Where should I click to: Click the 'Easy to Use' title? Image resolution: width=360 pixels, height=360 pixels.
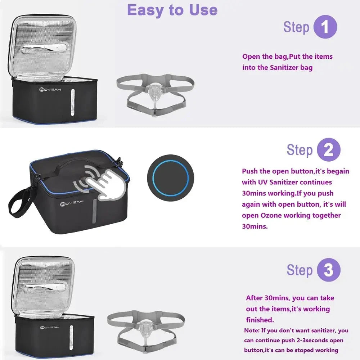(x=172, y=10)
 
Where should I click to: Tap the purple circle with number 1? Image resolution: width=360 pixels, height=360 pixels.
(x=325, y=27)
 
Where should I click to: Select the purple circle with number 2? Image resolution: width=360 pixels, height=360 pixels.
(x=328, y=150)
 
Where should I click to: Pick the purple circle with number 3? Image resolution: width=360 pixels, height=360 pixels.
(x=328, y=270)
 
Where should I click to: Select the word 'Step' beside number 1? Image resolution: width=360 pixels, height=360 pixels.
(x=296, y=27)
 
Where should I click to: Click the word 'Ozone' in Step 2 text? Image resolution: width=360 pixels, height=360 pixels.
(x=270, y=216)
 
